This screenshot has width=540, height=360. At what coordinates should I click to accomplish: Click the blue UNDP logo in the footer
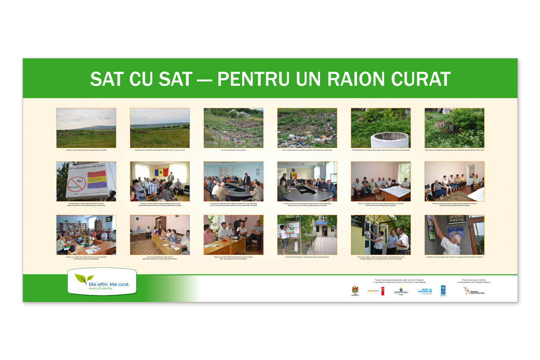[443, 290]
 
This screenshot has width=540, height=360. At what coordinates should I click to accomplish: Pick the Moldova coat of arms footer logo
[355, 291]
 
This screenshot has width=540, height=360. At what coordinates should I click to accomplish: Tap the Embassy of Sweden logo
[401, 291]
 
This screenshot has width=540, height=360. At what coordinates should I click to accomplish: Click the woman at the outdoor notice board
[284, 236]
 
